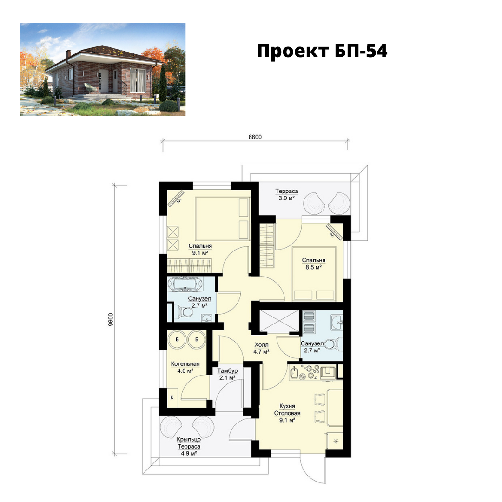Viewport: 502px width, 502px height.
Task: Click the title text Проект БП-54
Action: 322,51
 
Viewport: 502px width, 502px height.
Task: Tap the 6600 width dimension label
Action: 255,137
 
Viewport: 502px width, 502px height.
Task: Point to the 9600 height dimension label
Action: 111,319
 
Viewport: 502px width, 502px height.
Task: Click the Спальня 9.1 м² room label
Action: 200,250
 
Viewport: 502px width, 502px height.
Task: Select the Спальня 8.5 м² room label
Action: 313,264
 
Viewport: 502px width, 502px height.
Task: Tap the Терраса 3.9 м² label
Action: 286,195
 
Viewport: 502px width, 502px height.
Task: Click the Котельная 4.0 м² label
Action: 185,368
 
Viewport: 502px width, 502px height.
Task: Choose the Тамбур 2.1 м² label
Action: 227,374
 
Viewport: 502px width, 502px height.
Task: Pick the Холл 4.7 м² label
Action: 261,348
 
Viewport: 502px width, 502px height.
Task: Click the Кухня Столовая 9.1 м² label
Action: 287,413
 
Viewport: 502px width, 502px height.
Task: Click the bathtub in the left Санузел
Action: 185,284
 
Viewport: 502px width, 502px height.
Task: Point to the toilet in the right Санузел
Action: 330,344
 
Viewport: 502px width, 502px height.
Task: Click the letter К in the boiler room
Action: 172,397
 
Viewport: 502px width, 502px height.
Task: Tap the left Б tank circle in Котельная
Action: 177,339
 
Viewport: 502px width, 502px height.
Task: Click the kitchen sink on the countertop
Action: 294,373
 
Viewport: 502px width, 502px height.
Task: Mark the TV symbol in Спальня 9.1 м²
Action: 176,198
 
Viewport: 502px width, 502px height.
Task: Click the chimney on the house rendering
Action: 68,54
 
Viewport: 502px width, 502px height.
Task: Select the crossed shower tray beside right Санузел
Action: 279,321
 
